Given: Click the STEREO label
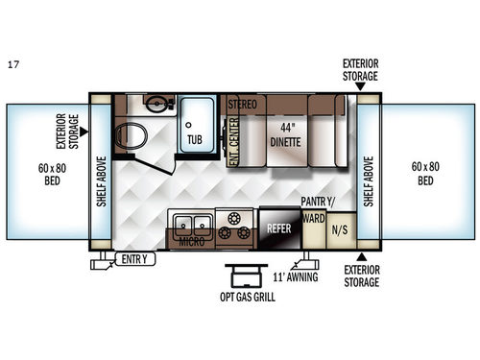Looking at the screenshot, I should pos(242,101).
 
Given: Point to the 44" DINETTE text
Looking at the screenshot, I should pos(284,135).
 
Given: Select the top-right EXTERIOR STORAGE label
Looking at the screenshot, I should pos(361,70).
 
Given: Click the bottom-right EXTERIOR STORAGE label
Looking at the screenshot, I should pos(361,276).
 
